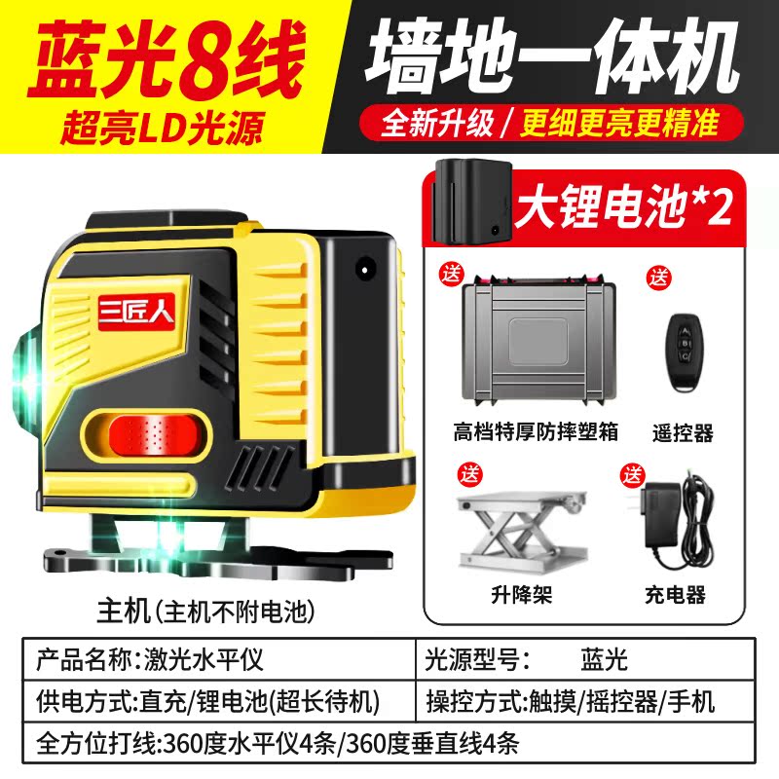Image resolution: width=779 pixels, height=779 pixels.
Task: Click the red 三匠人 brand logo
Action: (136, 312)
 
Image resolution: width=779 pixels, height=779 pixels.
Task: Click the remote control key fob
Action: (685, 352)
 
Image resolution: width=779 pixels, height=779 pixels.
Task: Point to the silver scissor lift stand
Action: (522, 531)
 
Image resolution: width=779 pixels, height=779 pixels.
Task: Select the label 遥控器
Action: (683, 433)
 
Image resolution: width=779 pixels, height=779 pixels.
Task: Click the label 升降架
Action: (521, 594)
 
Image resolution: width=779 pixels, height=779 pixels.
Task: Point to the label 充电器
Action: (675, 594)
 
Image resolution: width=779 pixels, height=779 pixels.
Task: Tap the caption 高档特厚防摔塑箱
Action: (535, 431)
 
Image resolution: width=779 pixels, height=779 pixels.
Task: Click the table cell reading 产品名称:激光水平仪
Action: (218, 659)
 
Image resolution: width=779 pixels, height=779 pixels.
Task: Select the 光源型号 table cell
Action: (586, 659)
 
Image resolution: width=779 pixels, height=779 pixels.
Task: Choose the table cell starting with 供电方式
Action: (218, 701)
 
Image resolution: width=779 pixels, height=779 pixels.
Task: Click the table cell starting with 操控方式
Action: (586, 701)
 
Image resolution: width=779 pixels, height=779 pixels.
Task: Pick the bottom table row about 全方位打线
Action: (389, 742)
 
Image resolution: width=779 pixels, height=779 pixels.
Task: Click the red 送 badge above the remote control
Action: (659, 277)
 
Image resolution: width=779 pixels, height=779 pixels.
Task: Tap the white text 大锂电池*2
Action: (623, 206)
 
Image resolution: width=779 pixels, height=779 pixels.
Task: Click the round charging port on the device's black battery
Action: (365, 270)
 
